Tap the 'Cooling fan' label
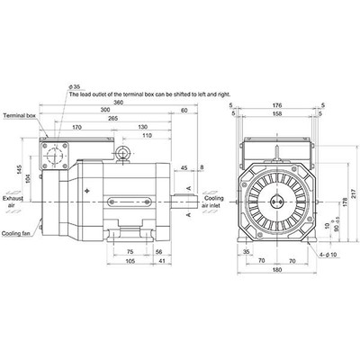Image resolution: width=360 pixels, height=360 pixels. pos(17,232)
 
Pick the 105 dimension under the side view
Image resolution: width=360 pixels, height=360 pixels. pos(130,262)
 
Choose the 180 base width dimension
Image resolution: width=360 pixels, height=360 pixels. pos(278,270)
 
